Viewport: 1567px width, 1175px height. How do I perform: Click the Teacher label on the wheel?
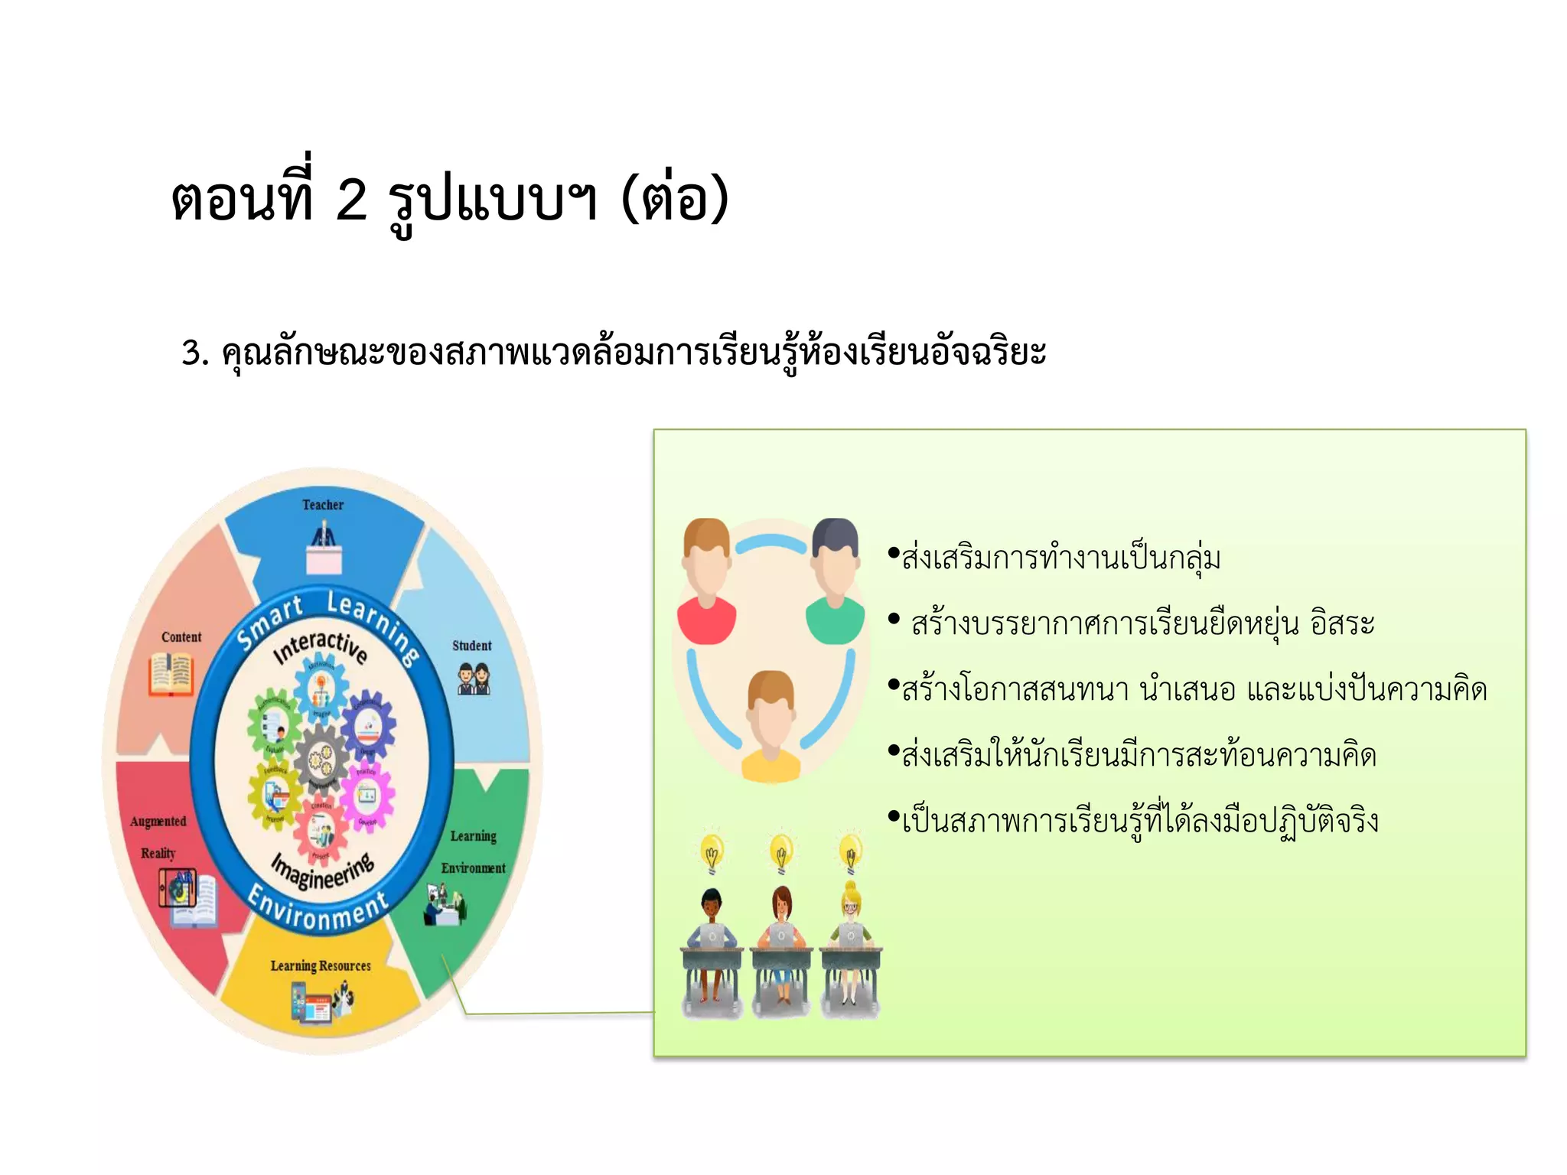pos(322,505)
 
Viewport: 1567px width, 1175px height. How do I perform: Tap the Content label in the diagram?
pos(181,637)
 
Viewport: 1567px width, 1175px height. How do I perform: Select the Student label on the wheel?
pos(471,646)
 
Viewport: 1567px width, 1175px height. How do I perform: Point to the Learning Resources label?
pos(321,965)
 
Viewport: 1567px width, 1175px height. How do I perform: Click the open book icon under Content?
pos(171,674)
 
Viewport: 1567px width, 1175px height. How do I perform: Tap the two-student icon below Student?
pos(474,679)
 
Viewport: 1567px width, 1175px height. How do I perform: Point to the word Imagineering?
pos(323,871)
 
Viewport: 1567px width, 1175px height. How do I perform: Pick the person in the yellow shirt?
pos(771,727)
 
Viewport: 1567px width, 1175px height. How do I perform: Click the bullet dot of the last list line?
pos(893,817)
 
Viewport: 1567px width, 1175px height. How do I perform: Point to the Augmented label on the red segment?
pos(158,822)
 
